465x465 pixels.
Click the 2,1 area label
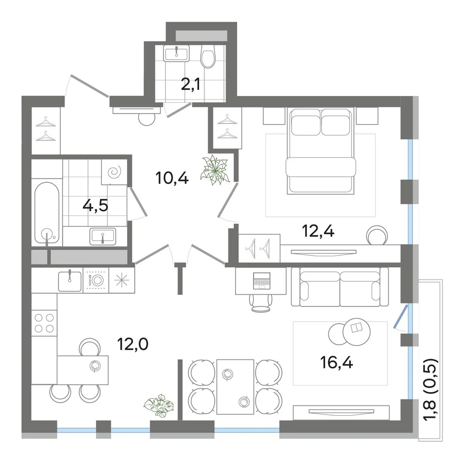[x=190, y=85]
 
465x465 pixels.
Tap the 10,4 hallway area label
[x=172, y=178]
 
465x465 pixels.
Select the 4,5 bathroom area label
[x=95, y=206]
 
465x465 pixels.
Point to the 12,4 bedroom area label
[x=318, y=231]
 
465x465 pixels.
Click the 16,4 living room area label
[x=337, y=362]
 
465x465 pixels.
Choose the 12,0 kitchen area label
[x=133, y=344]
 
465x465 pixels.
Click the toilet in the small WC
[x=208, y=56]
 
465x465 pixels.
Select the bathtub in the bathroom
[x=47, y=213]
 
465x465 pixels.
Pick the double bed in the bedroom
[x=320, y=151]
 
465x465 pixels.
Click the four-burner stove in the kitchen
[x=44, y=323]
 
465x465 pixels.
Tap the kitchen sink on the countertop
[x=70, y=281]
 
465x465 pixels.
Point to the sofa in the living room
[x=340, y=287]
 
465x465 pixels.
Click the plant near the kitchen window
[x=159, y=405]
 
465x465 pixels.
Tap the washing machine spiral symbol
[x=114, y=172]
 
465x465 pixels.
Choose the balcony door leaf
[x=401, y=316]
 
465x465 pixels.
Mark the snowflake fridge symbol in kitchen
[x=122, y=280]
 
